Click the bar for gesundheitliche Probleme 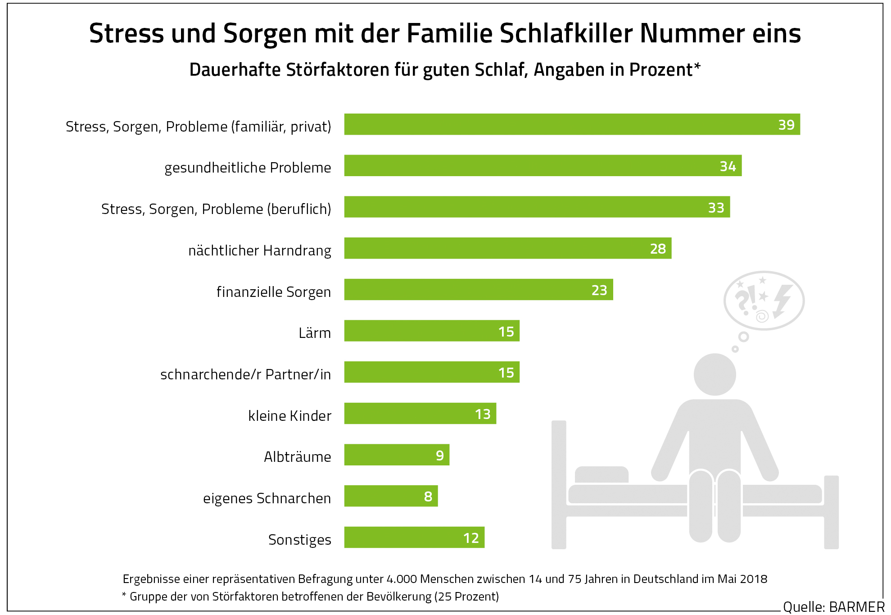[543, 166]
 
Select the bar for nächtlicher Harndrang [507, 248]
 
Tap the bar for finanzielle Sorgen [478, 290]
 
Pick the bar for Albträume [396, 455]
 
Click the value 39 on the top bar [786, 125]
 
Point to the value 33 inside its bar [716, 208]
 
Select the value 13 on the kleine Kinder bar [483, 414]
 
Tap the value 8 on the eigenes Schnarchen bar [428, 497]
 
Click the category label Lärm [315, 333]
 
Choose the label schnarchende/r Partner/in [245, 374]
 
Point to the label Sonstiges [299, 540]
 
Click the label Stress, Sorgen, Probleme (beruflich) [216, 209]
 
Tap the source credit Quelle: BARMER [833, 607]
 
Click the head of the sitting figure [715, 374]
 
